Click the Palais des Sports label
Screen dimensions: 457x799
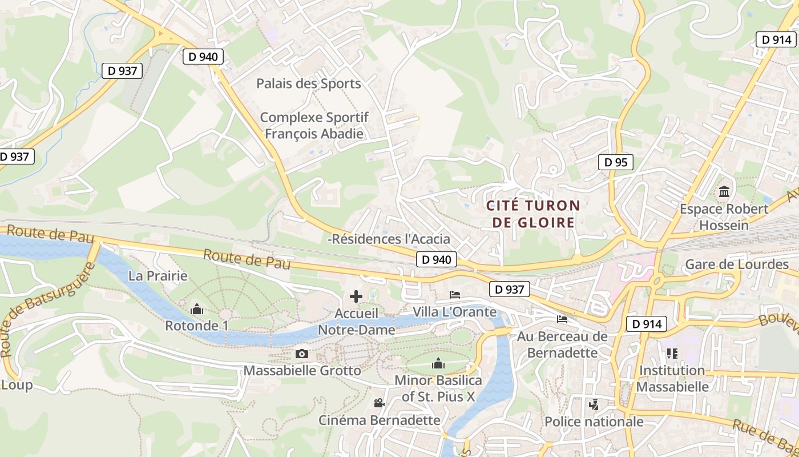coord(308,83)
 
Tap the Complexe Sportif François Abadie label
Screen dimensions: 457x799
coord(314,126)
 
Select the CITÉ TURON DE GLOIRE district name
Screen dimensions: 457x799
coord(533,214)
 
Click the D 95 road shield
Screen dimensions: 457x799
coord(616,162)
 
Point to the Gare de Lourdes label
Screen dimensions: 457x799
coord(736,264)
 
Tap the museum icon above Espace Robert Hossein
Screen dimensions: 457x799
coord(725,191)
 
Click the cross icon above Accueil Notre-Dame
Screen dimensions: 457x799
coord(356,296)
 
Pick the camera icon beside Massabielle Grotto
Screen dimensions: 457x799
coord(302,354)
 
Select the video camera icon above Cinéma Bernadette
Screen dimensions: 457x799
coord(379,403)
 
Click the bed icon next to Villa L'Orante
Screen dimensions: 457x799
coord(455,295)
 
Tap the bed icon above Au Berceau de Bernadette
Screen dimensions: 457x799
coord(562,319)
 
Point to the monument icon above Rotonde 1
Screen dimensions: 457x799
coord(197,310)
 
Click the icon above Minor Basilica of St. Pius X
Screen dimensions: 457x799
coord(438,363)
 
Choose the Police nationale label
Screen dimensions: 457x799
coord(594,422)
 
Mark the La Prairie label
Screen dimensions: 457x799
coord(158,276)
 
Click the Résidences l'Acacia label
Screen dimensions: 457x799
coord(390,239)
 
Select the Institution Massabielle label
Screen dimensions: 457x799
coord(672,378)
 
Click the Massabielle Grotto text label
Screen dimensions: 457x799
coord(302,371)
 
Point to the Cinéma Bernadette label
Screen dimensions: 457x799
coord(380,420)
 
